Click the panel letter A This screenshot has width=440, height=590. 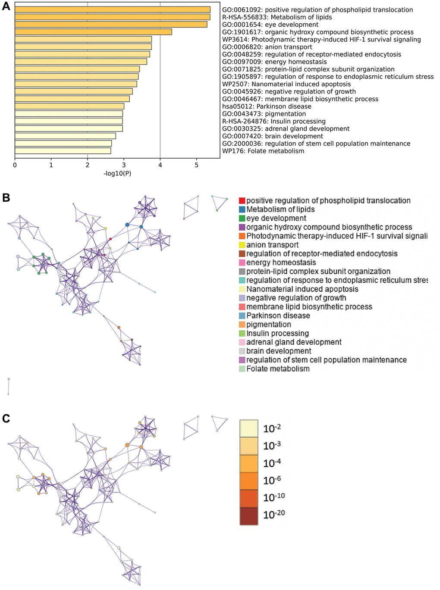click(x=6, y=7)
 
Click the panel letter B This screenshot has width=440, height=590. click(x=6, y=197)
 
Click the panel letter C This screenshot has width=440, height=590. click(x=6, y=418)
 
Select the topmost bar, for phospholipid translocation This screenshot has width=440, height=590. click(x=113, y=9)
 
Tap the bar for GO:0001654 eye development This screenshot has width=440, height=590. click(x=111, y=25)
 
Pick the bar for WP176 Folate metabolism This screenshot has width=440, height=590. click(x=63, y=151)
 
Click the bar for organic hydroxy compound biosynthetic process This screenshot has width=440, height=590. click(x=93, y=32)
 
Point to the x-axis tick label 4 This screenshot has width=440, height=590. click(x=160, y=165)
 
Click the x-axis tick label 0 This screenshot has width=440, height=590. click(x=15, y=165)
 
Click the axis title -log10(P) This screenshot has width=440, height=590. click(x=117, y=173)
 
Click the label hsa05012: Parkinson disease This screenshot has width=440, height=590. click(x=267, y=106)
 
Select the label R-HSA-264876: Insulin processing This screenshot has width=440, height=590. click(x=274, y=121)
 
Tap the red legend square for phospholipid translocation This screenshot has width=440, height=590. click(x=242, y=201)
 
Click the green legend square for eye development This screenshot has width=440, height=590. click(x=242, y=219)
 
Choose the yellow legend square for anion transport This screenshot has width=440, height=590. click(x=242, y=245)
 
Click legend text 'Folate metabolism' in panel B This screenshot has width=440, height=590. click(x=278, y=369)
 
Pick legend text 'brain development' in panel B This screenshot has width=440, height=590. click(x=279, y=351)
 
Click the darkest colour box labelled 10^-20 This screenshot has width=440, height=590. click(x=249, y=516)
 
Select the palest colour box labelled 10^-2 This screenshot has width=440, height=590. click(x=249, y=428)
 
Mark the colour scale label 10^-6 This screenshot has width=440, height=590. click(x=272, y=480)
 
